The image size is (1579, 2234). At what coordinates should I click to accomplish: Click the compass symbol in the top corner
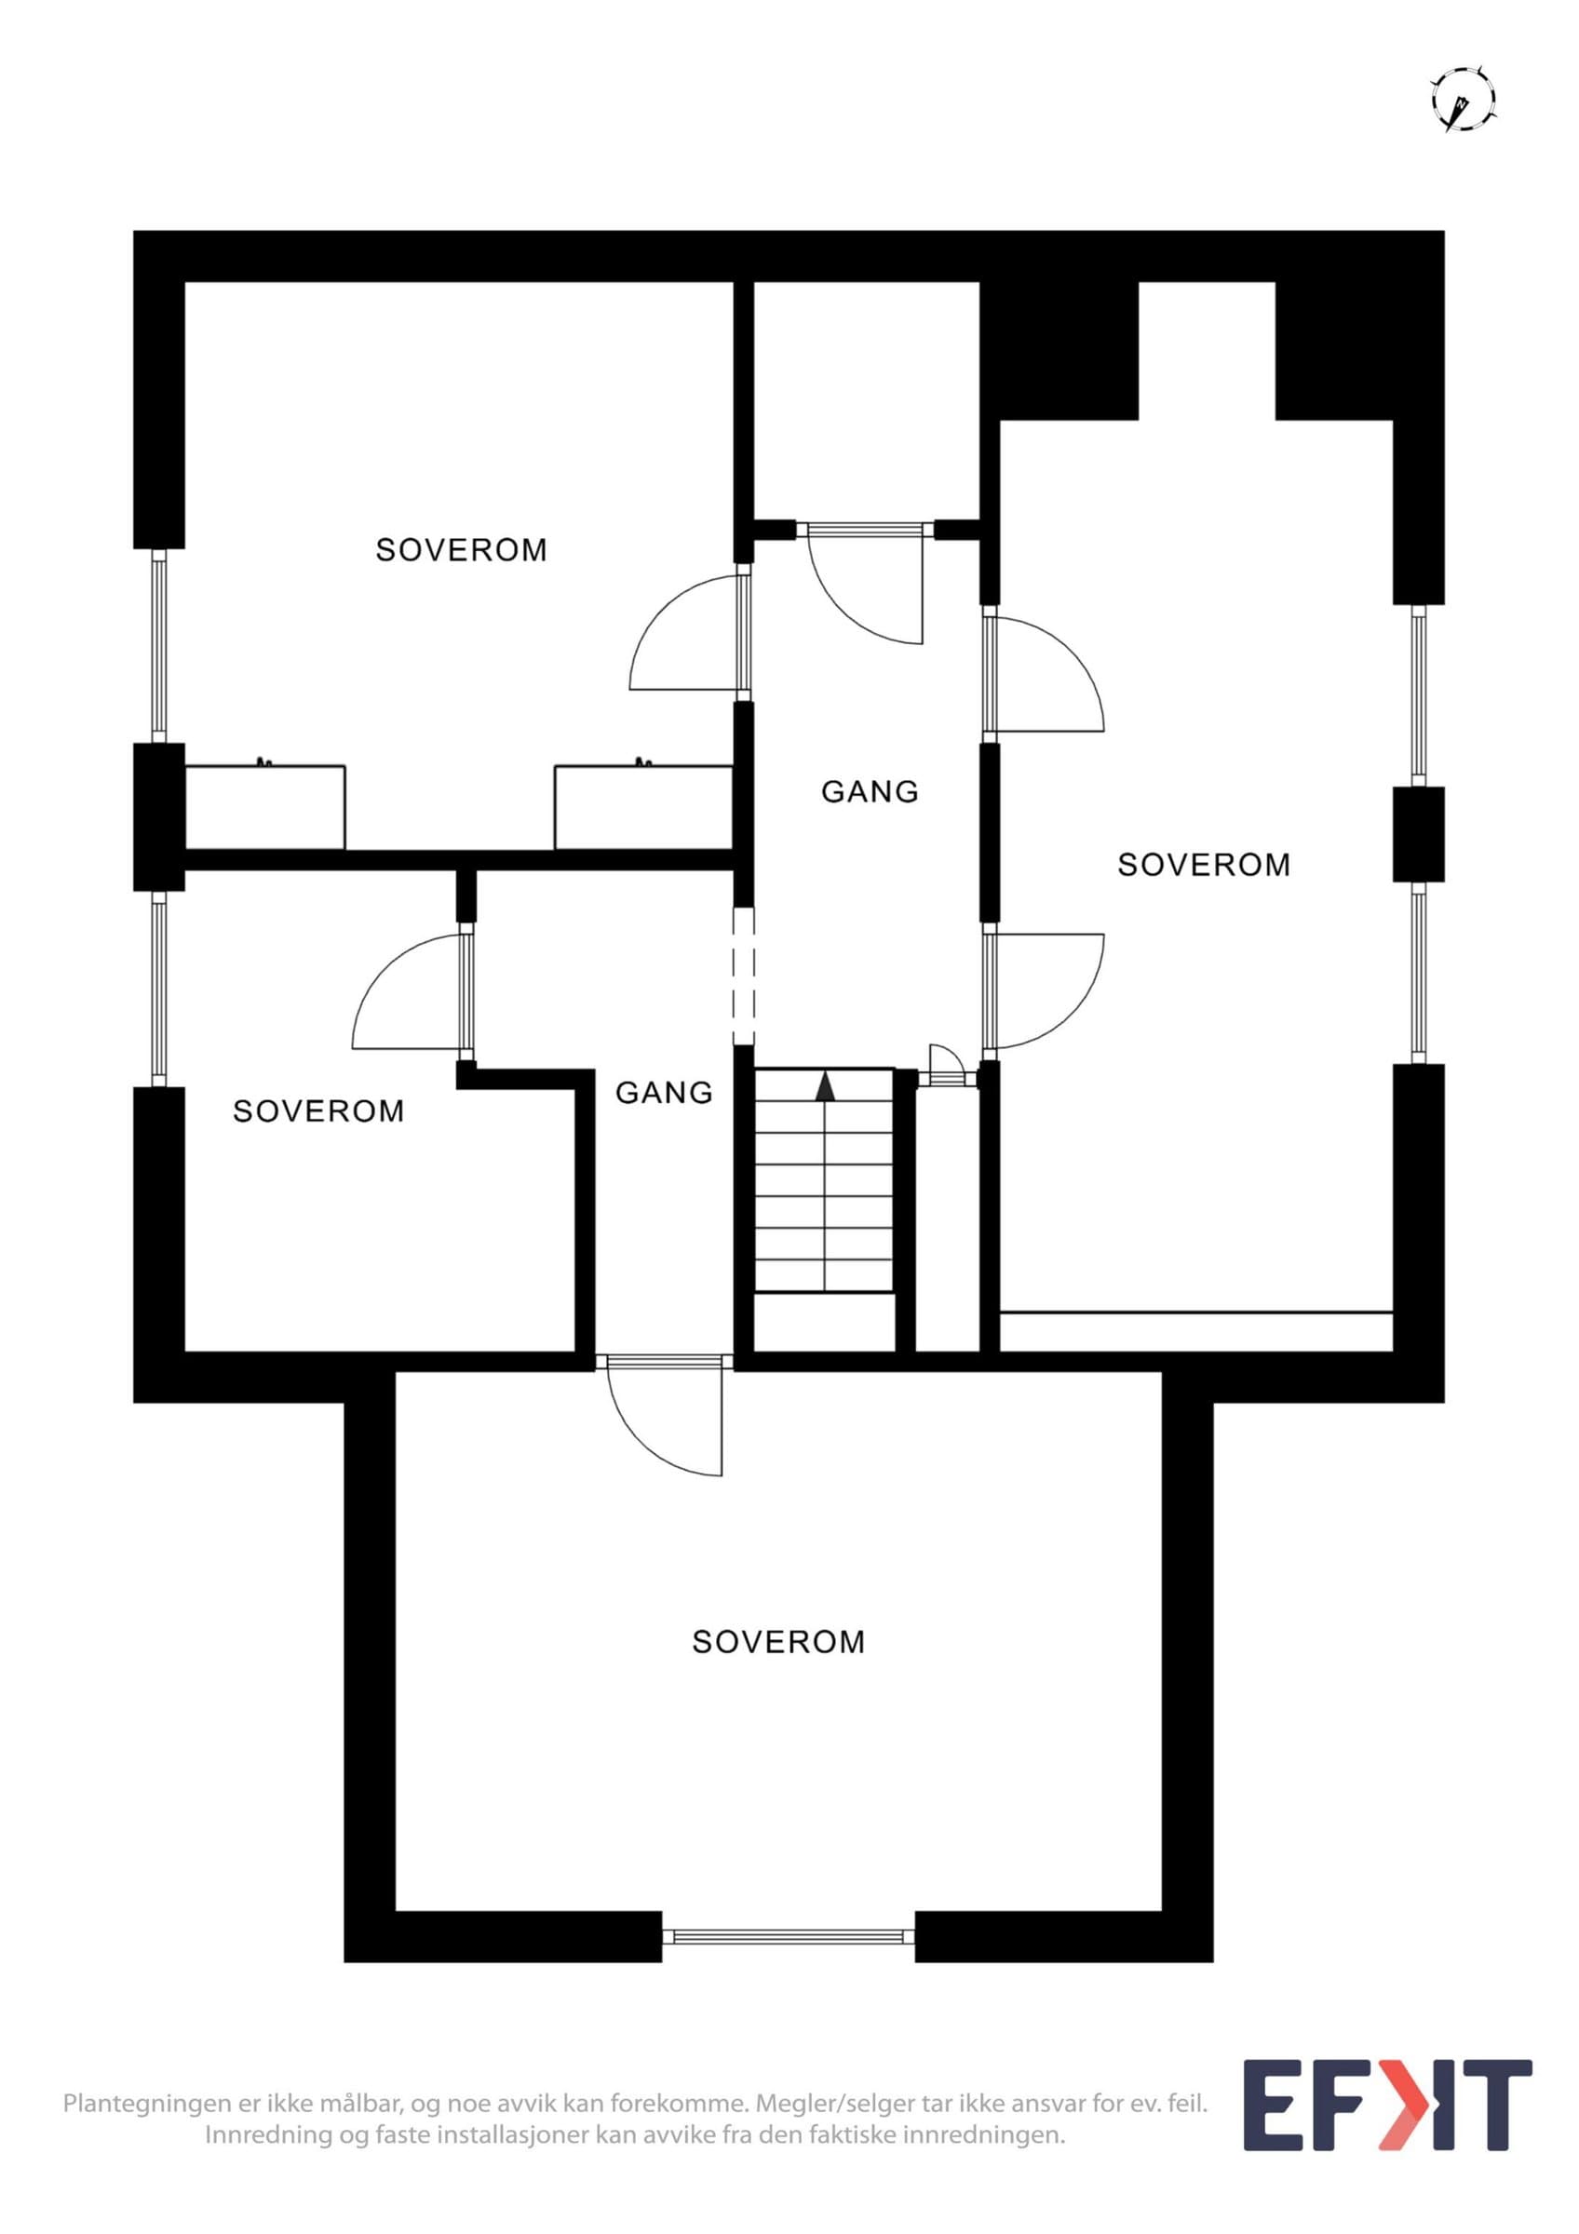click(1464, 99)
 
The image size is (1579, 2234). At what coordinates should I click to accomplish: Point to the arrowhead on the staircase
click(825, 1086)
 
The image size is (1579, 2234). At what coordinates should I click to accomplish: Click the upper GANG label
click(870, 792)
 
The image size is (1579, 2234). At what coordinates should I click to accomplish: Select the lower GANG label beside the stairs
click(665, 1093)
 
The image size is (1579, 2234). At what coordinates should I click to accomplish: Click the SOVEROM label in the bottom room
click(778, 1642)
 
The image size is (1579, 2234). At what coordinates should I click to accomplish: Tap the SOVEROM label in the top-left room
click(461, 551)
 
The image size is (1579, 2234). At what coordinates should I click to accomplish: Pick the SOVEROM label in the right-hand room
click(1204, 865)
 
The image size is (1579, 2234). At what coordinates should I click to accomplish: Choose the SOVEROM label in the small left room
click(318, 1111)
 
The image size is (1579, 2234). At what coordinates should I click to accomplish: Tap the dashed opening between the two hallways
click(744, 976)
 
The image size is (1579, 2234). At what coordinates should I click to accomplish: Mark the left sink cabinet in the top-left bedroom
click(264, 806)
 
